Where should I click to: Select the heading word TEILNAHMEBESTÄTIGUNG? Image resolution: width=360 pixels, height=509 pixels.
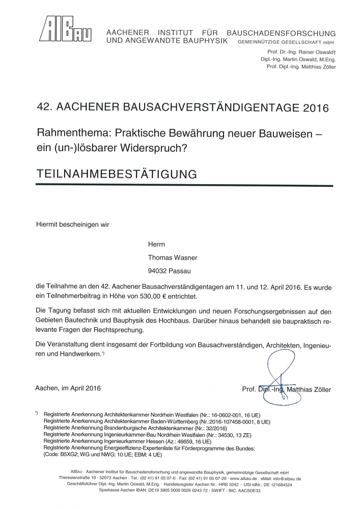click(117, 173)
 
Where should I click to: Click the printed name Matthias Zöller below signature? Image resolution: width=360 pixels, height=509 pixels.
click(309, 390)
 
